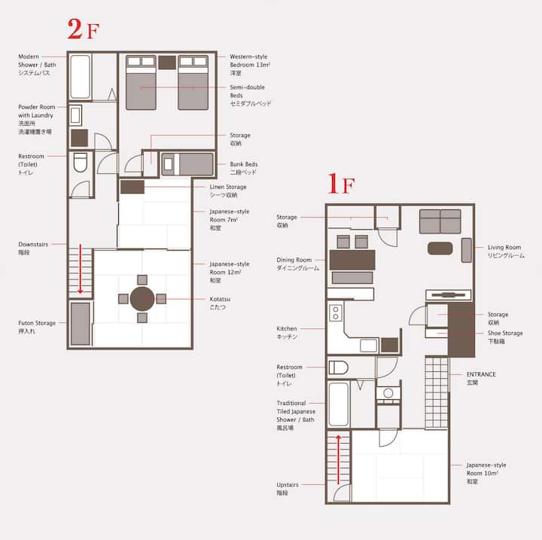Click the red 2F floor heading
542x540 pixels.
click(84, 29)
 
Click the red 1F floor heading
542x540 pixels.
click(341, 184)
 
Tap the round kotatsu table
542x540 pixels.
click(142, 299)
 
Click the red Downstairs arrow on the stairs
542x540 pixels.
click(81, 269)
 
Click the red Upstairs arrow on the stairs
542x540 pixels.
click(339, 459)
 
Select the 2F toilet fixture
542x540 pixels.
click(81, 163)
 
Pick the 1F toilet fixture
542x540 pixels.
click(339, 368)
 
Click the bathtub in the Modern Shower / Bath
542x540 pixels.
click(81, 77)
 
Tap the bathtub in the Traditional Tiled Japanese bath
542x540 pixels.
click(339, 404)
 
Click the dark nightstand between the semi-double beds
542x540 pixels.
click(167, 63)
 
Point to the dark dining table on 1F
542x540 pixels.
click(352, 260)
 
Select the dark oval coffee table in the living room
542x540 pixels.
click(440, 249)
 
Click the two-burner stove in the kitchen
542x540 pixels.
click(336, 313)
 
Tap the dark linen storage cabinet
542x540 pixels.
click(132, 187)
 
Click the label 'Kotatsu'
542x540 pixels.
click(220, 299)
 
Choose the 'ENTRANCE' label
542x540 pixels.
click(481, 374)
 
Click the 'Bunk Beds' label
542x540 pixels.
click(244, 164)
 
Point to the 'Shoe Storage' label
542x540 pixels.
click(505, 333)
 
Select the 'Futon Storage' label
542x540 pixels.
click(37, 323)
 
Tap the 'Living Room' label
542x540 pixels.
click(504, 247)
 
